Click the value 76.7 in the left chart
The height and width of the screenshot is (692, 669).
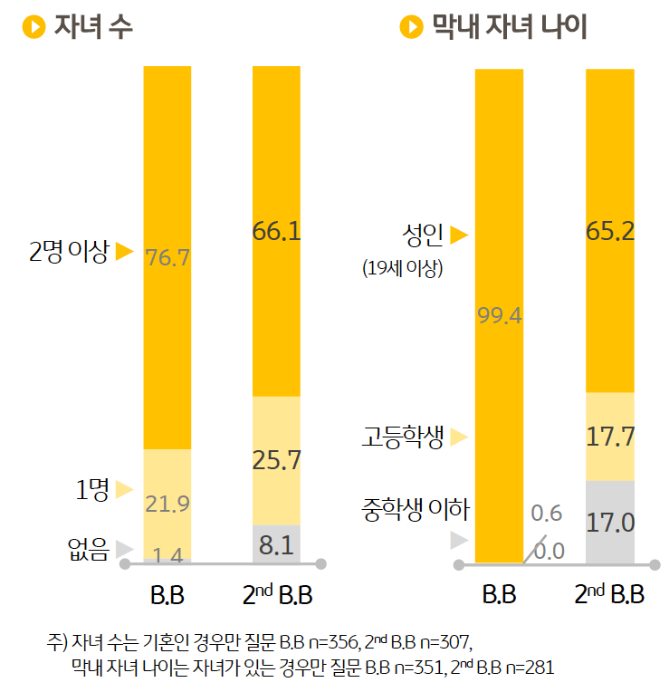[x=167, y=258]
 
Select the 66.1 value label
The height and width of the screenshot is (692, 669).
[x=276, y=233]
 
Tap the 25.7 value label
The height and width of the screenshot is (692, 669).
[x=276, y=460]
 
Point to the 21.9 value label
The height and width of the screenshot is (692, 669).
[x=167, y=505]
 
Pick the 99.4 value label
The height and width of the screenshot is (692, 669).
[x=500, y=316]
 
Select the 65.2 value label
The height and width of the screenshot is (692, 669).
[x=609, y=231]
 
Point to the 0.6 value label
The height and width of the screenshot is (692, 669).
[x=547, y=514]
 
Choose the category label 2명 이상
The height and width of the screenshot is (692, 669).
[x=68, y=251]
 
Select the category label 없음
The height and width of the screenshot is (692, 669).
[x=88, y=548]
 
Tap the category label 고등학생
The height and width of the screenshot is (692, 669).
[x=397, y=437]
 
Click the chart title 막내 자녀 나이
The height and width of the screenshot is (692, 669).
[x=510, y=27]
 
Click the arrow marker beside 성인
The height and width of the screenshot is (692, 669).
[x=459, y=235]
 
